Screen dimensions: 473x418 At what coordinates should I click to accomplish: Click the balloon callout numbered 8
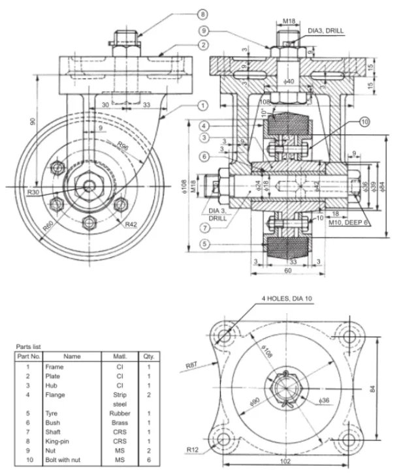(x=202, y=13)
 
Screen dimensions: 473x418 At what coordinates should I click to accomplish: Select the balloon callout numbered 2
(x=203, y=45)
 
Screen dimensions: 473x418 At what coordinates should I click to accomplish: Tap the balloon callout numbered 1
(x=203, y=104)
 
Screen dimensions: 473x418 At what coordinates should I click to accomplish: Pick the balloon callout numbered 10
(x=364, y=121)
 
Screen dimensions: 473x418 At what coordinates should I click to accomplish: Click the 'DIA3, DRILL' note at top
(x=325, y=31)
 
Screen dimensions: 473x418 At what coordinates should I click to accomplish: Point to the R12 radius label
(x=192, y=450)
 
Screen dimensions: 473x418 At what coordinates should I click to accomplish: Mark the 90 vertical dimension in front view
(x=31, y=121)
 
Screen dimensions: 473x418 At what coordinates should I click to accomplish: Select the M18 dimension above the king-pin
(x=290, y=20)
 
